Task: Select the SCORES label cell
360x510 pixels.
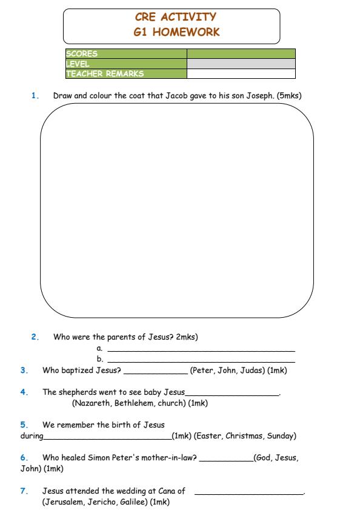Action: click(x=125, y=53)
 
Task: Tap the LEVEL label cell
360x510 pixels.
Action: click(x=125, y=64)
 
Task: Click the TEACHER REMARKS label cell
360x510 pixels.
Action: click(x=125, y=74)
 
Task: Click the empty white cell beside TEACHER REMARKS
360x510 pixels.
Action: click(x=241, y=74)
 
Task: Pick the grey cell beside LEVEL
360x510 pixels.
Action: click(x=241, y=64)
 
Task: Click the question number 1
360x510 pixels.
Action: click(x=35, y=96)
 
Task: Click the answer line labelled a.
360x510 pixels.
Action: click(x=200, y=350)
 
